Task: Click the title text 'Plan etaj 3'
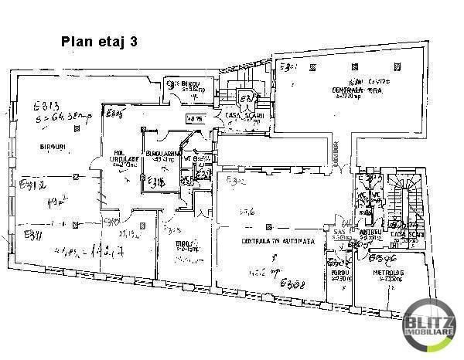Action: [99, 42]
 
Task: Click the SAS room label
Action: [338, 233]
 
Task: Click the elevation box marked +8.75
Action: [194, 118]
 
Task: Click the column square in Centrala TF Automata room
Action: [267, 226]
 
